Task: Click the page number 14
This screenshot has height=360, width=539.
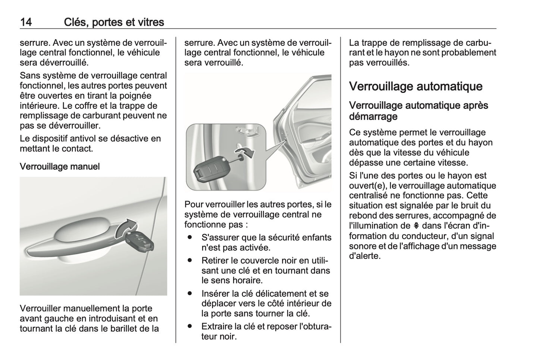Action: click(x=26, y=22)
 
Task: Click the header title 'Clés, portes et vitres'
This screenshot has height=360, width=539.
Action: click(x=114, y=22)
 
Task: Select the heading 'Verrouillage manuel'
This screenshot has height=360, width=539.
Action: click(x=60, y=167)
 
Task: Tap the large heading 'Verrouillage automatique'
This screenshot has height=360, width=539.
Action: click(x=416, y=86)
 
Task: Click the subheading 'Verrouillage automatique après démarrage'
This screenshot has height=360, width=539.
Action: click(x=418, y=111)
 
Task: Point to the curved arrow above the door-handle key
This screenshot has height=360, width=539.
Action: click(x=126, y=227)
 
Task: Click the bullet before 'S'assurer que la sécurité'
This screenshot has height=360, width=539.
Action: click(x=190, y=237)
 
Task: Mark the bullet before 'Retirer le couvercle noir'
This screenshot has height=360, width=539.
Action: click(x=190, y=260)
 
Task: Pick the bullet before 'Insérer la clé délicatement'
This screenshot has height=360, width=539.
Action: click(x=190, y=294)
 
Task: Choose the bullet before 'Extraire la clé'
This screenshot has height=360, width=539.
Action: click(x=190, y=326)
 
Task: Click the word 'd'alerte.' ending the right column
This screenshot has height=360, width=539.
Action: click(x=365, y=256)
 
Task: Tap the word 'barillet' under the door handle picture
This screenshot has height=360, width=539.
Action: click(x=125, y=329)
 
